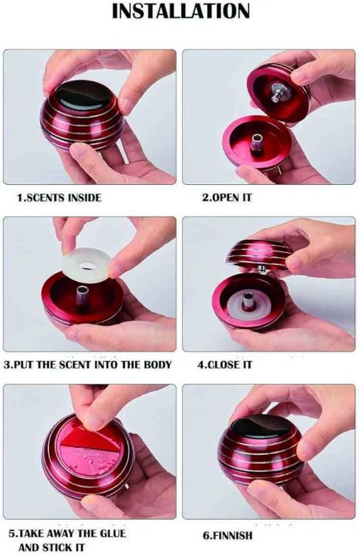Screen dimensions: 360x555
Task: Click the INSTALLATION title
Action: pos(180,12)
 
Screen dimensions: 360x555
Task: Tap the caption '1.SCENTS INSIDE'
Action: pos(59,197)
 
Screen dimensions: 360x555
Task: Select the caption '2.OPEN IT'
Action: pos(227,197)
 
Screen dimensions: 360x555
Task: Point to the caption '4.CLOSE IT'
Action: pos(224,365)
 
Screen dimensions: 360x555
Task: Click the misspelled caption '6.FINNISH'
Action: pos(227,535)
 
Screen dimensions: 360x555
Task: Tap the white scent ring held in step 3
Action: pos(87,266)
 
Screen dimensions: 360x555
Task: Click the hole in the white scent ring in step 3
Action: pos(86,266)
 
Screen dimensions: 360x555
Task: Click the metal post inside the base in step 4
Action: pos(247,301)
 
